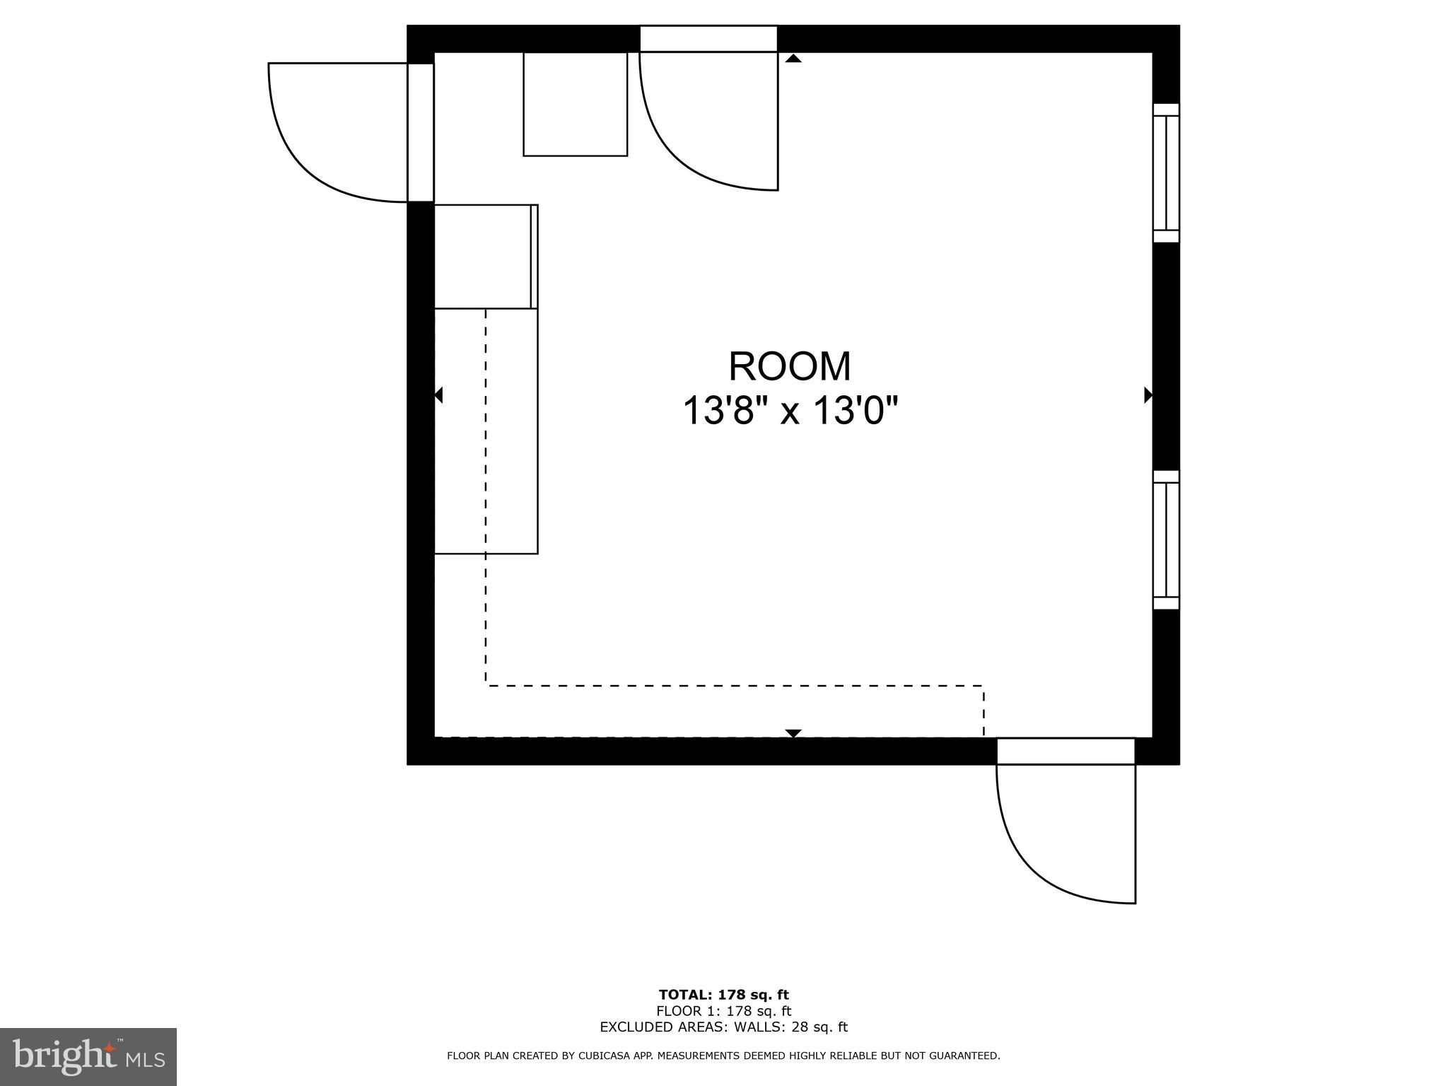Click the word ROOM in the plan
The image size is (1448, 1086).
pos(790,366)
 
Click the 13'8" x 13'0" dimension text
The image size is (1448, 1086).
pos(790,411)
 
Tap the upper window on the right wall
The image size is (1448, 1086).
pos(1166,173)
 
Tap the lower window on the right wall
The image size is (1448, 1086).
pos(1166,539)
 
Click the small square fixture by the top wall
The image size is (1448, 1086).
pos(575,104)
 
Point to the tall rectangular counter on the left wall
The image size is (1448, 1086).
pos(486,431)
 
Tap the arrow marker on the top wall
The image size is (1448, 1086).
pos(793,59)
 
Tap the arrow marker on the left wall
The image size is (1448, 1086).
pos(438,395)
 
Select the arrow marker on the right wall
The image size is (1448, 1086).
pos(1148,395)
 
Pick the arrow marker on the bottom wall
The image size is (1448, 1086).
pos(793,733)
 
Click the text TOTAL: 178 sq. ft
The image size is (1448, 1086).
pos(723,995)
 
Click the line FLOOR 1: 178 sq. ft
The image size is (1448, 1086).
pos(723,1011)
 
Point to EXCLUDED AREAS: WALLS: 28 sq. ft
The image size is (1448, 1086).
pos(723,1027)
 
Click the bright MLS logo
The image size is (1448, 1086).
pos(88,1056)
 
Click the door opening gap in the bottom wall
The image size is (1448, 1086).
pos(1065,751)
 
